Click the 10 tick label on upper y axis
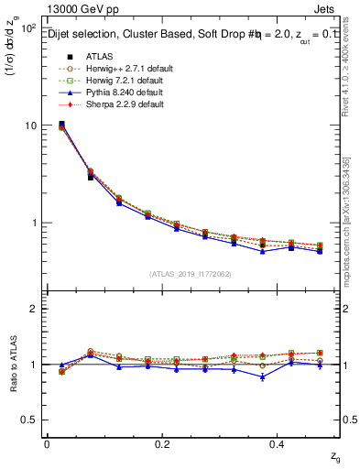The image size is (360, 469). (29, 125)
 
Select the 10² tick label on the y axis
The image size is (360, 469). (27, 27)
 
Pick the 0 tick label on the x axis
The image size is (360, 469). (47, 443)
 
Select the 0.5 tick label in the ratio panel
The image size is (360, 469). (27, 420)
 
